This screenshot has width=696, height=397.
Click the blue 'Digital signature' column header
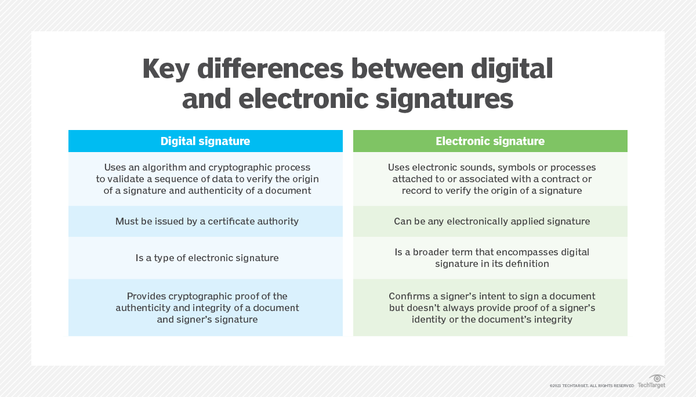click(205, 141)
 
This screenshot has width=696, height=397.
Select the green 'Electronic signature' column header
click(490, 141)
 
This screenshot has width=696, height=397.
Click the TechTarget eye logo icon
click(657, 378)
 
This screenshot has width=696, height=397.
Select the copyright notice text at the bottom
click(592, 385)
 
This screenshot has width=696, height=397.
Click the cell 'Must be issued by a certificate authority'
click(207, 221)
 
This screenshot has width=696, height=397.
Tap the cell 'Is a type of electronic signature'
click(207, 257)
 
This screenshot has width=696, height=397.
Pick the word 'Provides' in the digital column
click(146, 296)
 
